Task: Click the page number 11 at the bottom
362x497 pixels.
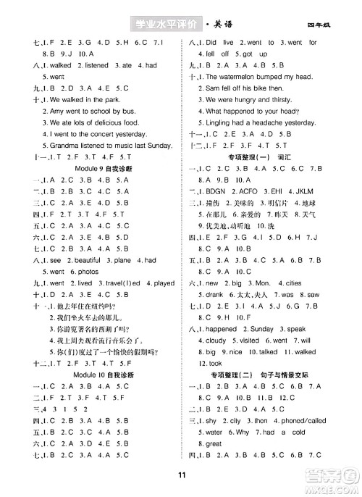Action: tap(181, 474)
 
